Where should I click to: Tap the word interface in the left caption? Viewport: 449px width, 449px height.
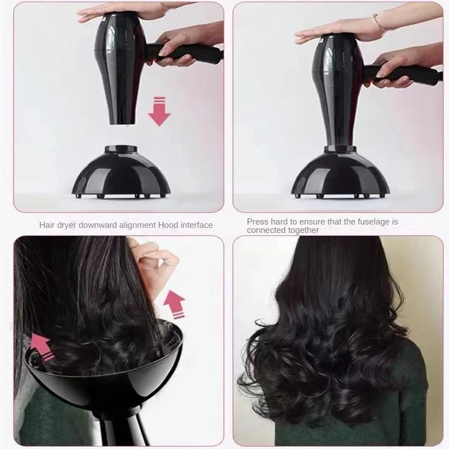pyautogui.click(x=196, y=225)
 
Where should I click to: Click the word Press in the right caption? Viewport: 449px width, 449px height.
pyautogui.click(x=258, y=222)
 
